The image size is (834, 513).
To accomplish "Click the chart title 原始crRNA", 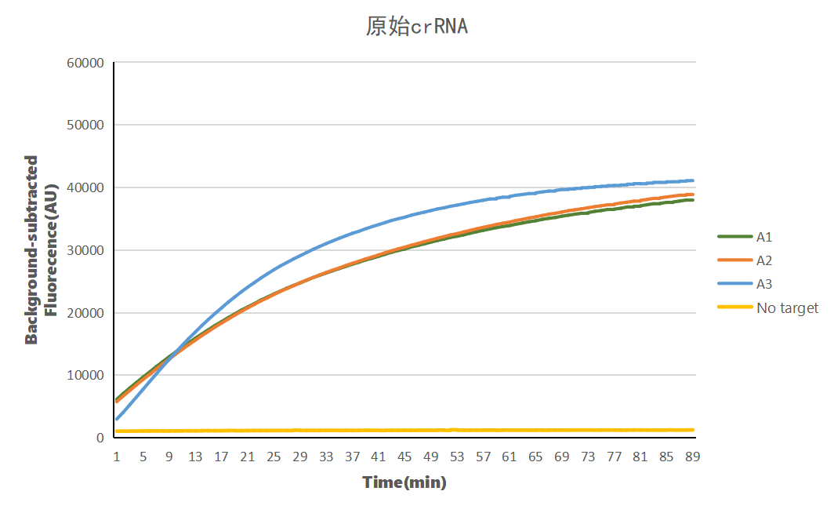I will (416, 27).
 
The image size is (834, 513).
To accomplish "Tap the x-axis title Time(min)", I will (404, 482).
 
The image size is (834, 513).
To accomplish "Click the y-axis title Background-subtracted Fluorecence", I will (42, 250).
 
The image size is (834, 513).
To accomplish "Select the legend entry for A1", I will (764, 236).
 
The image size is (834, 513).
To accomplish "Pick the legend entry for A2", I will (764, 260).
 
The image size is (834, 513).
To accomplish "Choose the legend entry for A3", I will (764, 284).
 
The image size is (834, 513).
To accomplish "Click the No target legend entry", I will (786, 308).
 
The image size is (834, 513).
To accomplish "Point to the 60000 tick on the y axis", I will (87, 63).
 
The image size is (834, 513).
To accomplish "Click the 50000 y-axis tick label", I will (87, 126).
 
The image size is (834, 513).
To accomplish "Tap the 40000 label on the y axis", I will (87, 188).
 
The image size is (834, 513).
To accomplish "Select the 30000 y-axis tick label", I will (87, 250).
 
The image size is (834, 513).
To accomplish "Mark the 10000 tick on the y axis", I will (87, 376).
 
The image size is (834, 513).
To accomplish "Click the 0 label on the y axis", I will (100, 438).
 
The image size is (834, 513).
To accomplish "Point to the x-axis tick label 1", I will (117, 457).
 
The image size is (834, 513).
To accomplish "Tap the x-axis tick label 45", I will (404, 457).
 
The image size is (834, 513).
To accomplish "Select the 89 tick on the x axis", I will (692, 457).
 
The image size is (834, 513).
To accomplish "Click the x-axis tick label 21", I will (248, 457).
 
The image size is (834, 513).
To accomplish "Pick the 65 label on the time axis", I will (535, 457).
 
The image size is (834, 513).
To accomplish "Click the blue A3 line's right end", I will (692, 180).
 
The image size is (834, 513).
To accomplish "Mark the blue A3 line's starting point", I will (117, 419).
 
